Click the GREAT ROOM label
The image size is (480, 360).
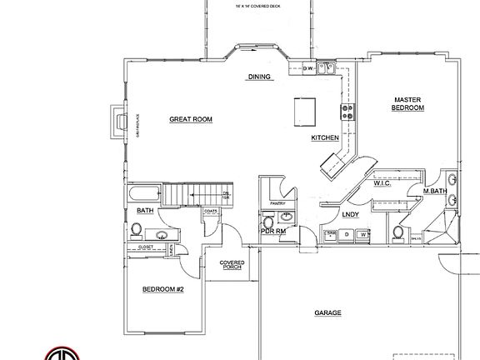(191, 119)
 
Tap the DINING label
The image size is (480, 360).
(260, 77)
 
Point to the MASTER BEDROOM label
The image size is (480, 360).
(408, 103)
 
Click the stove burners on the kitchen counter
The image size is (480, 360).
(346, 110)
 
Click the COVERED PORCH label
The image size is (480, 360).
(232, 265)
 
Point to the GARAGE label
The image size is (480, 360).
(327, 313)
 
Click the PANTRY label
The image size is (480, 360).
(277, 202)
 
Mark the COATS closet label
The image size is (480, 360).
(211, 211)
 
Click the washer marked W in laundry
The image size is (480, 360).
(363, 235)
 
